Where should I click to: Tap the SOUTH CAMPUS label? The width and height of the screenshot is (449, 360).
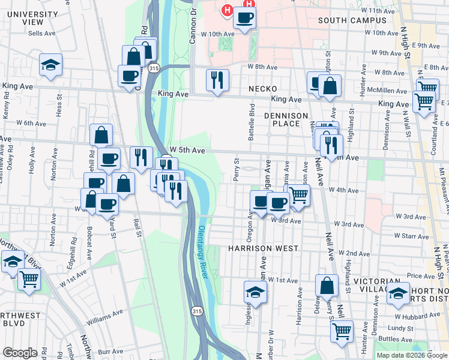[352, 20]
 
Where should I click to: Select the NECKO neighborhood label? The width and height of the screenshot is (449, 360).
[262, 89]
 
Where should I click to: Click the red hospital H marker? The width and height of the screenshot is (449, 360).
[228, 10]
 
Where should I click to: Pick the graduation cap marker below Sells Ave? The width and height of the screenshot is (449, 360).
[51, 64]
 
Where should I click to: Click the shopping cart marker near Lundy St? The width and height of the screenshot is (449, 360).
[342, 331]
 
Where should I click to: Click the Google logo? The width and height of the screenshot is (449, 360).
[20, 353]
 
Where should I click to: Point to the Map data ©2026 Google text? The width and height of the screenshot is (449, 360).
[412, 355]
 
